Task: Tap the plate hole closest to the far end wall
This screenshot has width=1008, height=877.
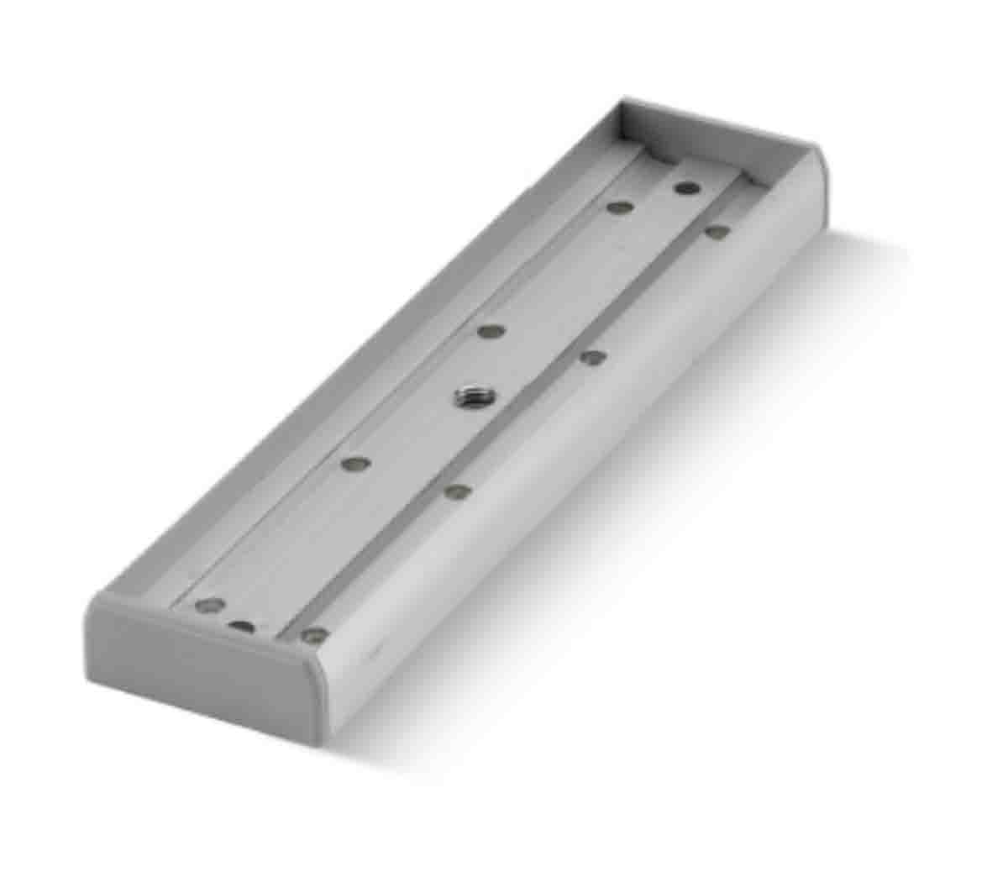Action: click(687, 187)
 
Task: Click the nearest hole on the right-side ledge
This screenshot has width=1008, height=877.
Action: click(314, 634)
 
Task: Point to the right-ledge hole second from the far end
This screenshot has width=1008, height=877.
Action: click(593, 357)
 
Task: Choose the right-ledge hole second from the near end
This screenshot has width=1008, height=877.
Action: click(457, 491)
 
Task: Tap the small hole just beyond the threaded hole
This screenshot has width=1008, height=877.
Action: click(490, 331)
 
